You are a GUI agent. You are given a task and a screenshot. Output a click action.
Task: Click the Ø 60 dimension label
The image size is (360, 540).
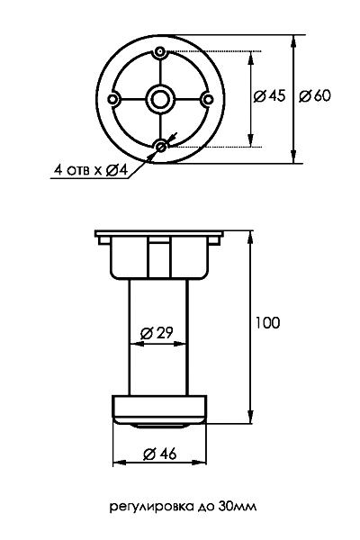point(314,95)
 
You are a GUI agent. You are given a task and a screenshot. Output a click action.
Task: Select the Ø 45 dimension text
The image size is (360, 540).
point(269,95)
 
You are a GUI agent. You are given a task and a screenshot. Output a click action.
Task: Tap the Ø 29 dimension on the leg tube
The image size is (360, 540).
point(157,333)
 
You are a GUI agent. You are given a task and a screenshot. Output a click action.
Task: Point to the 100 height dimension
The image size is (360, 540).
point(267,323)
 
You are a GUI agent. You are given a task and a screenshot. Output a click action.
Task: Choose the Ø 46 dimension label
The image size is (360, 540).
point(159,454)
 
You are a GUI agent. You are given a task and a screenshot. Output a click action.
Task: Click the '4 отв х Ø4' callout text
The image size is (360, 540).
point(91,170)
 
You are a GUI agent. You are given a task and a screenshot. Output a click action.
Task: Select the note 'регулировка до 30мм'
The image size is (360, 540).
point(183,507)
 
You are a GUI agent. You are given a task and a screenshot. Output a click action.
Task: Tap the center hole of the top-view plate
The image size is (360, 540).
point(159,100)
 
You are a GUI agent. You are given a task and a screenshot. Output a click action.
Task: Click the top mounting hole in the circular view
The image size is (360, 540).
point(159,52)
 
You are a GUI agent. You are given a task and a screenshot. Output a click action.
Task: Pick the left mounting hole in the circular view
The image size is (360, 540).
point(112,100)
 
